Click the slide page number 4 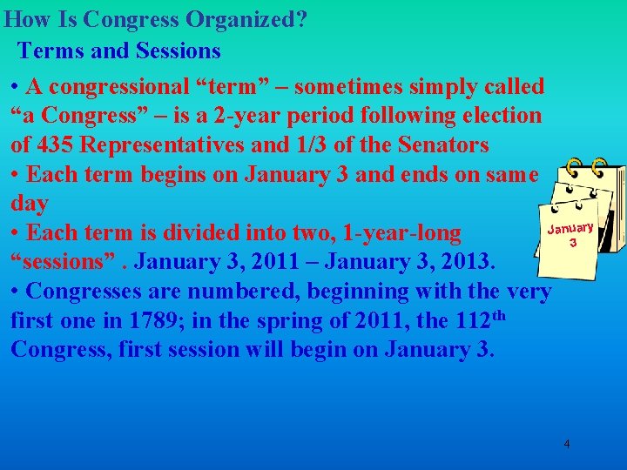coord(567,444)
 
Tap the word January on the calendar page coord(570,230)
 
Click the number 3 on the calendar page coord(572,244)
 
